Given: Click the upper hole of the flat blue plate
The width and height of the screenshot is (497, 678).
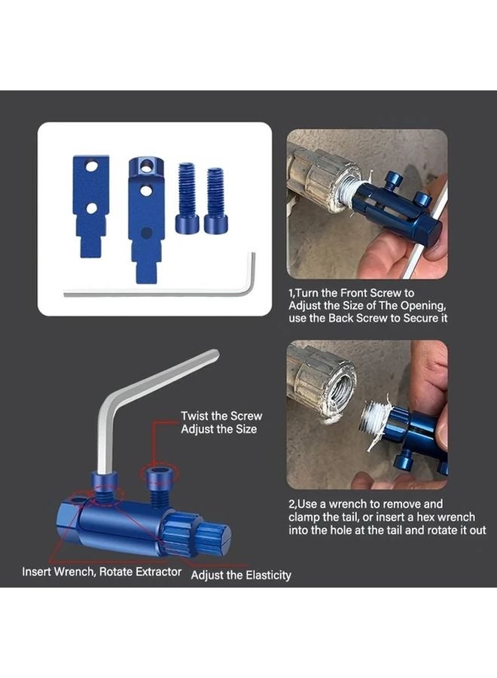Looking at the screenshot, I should pos(90,165).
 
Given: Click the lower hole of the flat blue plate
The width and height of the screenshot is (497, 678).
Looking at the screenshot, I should pos(90,206).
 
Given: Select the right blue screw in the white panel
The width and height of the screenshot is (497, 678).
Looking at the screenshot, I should pos(215,200).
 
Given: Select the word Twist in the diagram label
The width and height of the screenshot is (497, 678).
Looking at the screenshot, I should pos(195,416).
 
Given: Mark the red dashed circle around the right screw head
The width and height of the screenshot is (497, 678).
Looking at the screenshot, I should pos(160,474).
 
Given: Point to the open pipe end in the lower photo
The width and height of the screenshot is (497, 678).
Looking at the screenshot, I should pos(332,383).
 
